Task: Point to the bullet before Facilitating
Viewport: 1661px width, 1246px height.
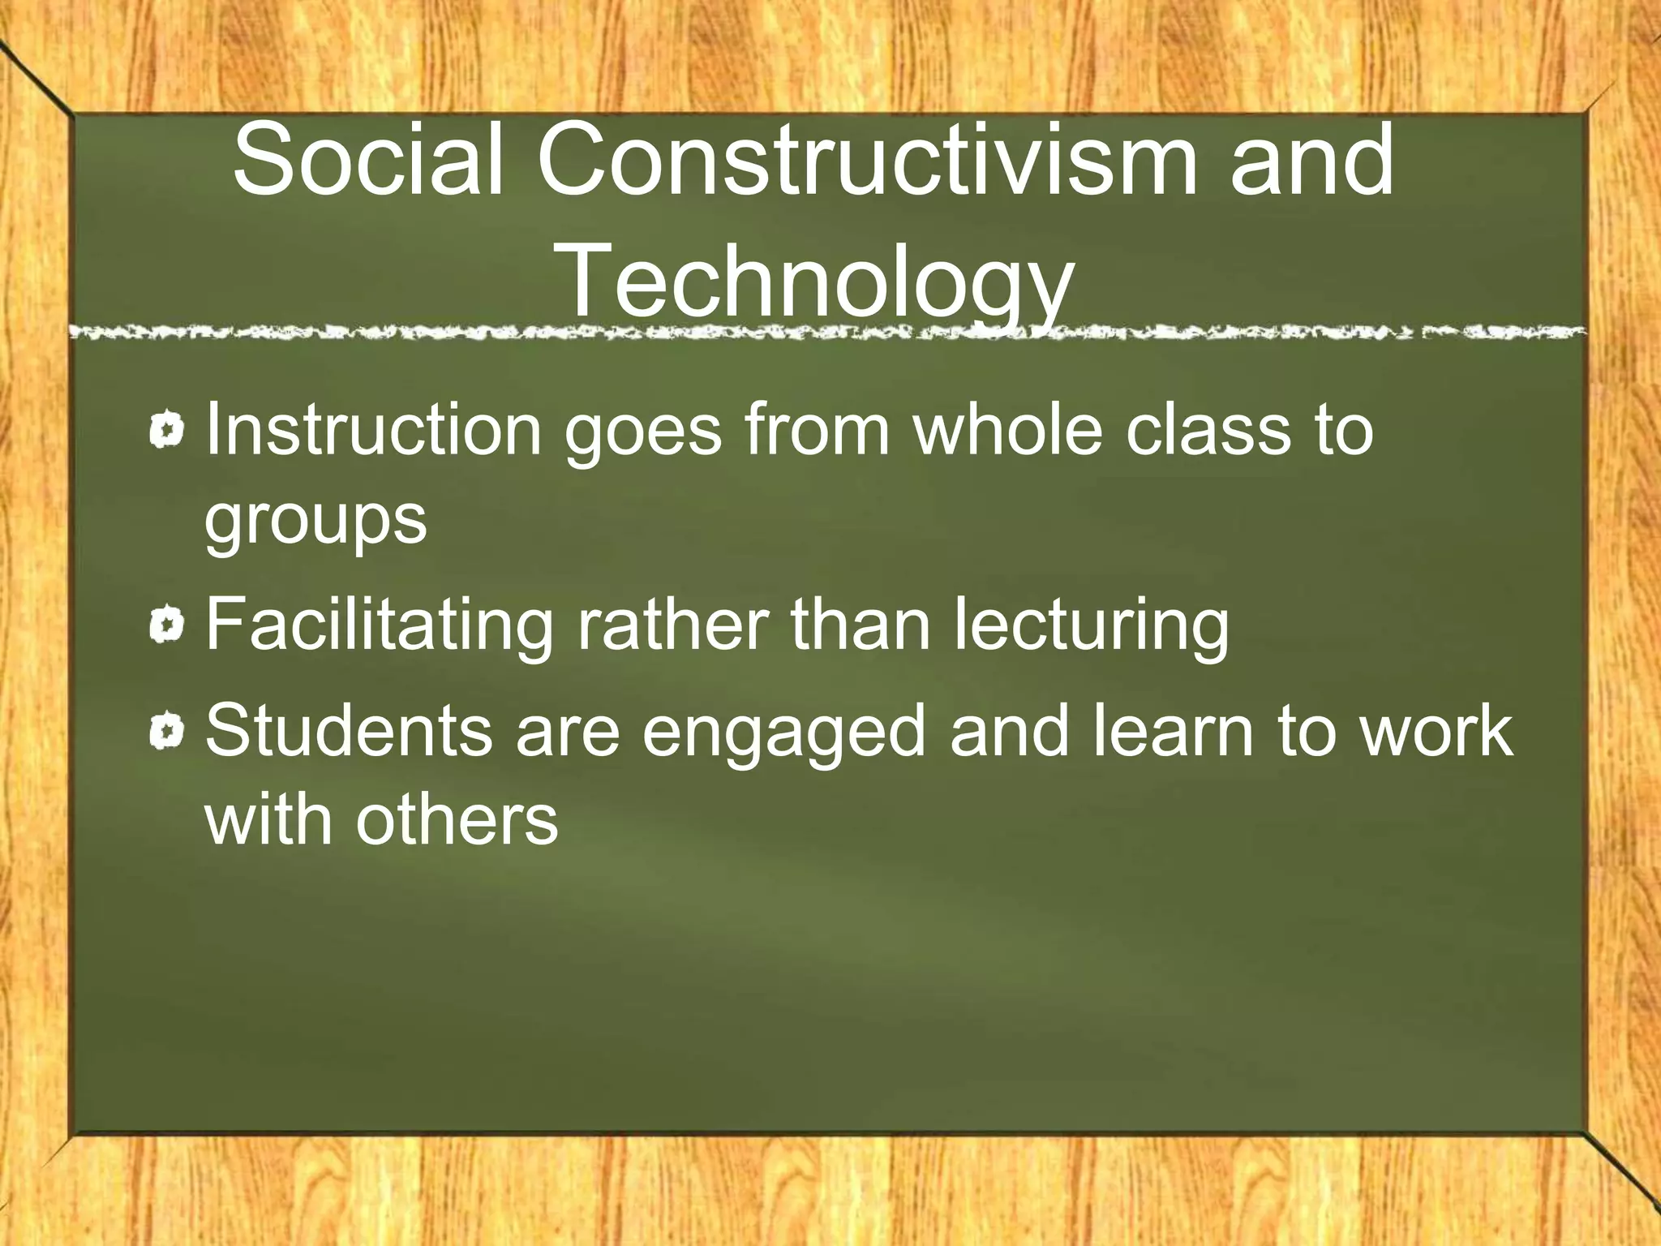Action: tap(168, 625)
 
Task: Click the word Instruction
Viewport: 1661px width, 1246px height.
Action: tap(373, 430)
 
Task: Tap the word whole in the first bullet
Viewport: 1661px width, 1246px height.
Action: tap(1008, 430)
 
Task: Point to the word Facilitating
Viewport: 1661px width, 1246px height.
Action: tap(379, 626)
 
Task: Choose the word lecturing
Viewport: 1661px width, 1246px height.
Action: tap(1091, 626)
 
